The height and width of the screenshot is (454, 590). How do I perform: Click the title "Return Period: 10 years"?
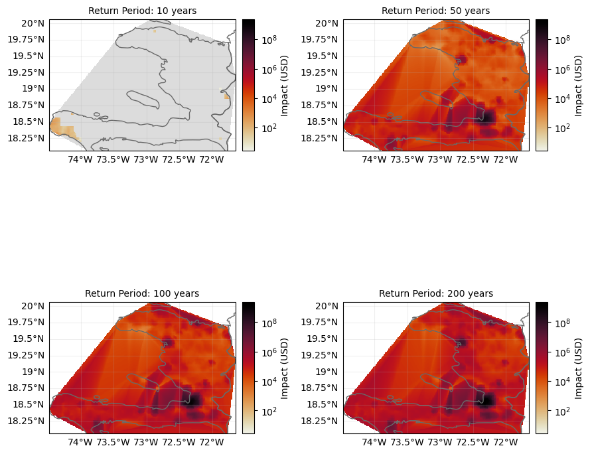pyautogui.click(x=142, y=11)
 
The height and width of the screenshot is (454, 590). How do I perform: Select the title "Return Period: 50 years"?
pyautogui.click(x=435, y=11)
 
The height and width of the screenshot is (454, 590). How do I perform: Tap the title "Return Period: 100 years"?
pyautogui.click(x=142, y=293)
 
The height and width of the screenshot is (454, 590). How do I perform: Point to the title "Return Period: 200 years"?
pyautogui.click(x=435, y=293)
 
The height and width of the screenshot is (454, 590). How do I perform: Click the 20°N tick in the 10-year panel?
pyautogui.click(x=33, y=23)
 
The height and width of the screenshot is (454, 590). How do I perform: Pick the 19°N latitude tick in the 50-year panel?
pyautogui.click(x=327, y=88)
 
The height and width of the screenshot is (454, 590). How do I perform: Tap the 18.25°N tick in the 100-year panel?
pyautogui.click(x=25, y=421)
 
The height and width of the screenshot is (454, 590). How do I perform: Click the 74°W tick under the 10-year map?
pyautogui.click(x=80, y=160)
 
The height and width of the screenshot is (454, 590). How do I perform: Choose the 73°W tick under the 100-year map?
pyautogui.click(x=145, y=443)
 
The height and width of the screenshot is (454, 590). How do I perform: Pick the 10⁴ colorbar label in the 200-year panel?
pyautogui.click(x=561, y=382)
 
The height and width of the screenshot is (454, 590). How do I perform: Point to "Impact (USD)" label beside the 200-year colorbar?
pyautogui.click(x=578, y=368)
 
